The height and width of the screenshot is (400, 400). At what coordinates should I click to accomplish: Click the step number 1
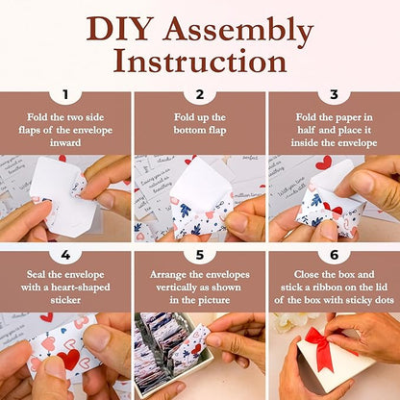(x=65, y=94)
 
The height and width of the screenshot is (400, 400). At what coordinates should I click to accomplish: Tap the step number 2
(x=200, y=94)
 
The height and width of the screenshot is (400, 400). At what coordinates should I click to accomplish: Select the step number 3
(x=334, y=94)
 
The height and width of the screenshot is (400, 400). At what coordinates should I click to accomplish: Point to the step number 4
(x=65, y=255)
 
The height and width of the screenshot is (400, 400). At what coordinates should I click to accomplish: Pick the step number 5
(x=200, y=255)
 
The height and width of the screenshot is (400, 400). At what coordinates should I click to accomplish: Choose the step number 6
(x=334, y=255)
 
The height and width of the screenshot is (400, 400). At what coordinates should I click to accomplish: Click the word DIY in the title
(x=118, y=29)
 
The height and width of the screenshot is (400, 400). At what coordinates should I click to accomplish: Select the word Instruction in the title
(x=200, y=61)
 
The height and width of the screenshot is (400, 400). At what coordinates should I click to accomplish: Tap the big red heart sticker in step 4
(x=68, y=359)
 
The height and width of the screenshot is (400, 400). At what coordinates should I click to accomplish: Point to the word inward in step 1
(x=65, y=142)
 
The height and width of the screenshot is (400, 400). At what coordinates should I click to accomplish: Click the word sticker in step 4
(x=65, y=300)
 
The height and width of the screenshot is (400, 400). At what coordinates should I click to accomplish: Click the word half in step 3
(x=307, y=130)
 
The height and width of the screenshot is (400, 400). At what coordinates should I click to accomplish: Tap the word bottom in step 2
(x=187, y=130)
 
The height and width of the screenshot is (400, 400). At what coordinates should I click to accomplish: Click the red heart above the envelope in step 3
(x=324, y=162)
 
